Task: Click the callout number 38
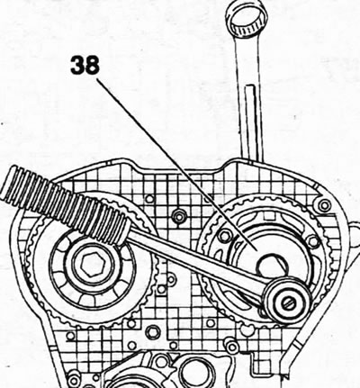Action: coord(85,65)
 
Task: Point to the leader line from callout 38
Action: coord(177,165)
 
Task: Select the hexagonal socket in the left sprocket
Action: coord(91,265)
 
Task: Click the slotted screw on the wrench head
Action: coord(289,303)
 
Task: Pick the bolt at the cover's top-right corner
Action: coord(324,206)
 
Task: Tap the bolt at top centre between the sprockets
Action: coord(179,216)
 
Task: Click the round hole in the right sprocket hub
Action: coord(269,264)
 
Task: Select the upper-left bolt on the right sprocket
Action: coord(224,236)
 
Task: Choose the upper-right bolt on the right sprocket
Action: coord(313,240)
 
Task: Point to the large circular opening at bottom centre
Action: coord(196,373)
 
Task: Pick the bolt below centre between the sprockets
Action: coord(153,331)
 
